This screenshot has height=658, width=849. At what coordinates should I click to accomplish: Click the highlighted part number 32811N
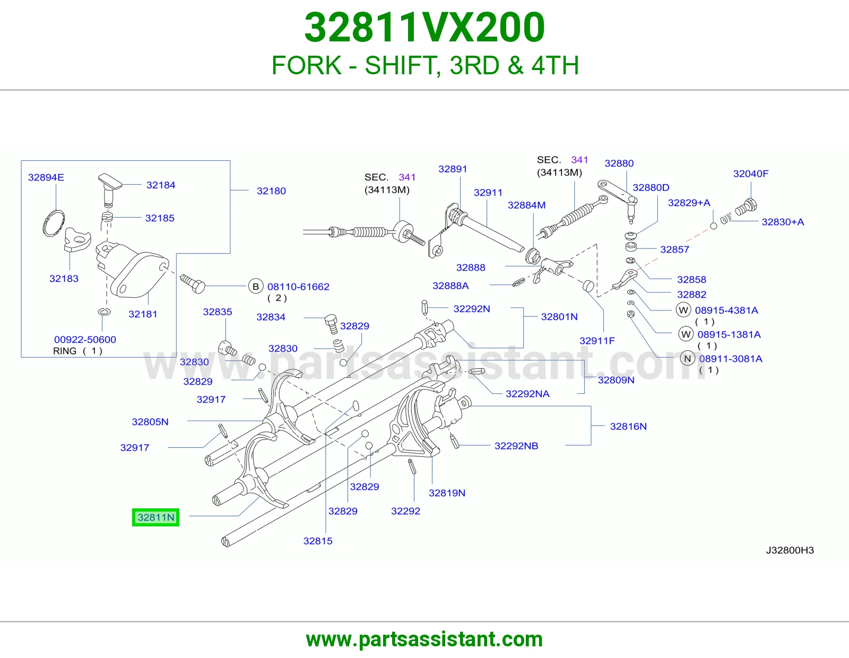tap(155, 517)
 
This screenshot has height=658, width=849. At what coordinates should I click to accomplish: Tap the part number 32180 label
tap(271, 191)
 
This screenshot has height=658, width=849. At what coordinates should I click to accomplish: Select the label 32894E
tap(46, 177)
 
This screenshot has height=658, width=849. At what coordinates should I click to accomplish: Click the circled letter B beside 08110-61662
tap(256, 287)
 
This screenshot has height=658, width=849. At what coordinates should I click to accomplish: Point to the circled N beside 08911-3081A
tap(687, 359)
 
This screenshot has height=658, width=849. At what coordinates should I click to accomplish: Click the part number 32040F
tap(750, 174)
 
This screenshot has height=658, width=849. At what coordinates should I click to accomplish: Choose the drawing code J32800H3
tap(790, 550)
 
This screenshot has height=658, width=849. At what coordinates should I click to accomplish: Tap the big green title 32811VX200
tap(424, 28)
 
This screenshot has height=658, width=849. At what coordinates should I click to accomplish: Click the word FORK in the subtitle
tap(307, 65)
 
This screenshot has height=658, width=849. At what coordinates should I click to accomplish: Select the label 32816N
tap(628, 426)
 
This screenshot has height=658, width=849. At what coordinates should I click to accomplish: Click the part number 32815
tap(318, 541)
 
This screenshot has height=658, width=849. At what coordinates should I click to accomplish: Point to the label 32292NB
tap(516, 446)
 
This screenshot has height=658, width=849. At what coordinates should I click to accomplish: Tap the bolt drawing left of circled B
tap(192, 283)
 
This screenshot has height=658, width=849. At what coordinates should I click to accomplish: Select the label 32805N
tap(150, 422)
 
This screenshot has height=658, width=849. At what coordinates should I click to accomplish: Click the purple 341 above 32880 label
tap(579, 160)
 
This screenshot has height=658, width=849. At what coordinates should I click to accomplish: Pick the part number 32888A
tap(451, 285)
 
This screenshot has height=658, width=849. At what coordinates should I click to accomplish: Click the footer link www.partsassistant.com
tap(424, 639)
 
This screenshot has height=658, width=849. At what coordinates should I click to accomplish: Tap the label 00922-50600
tap(85, 340)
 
